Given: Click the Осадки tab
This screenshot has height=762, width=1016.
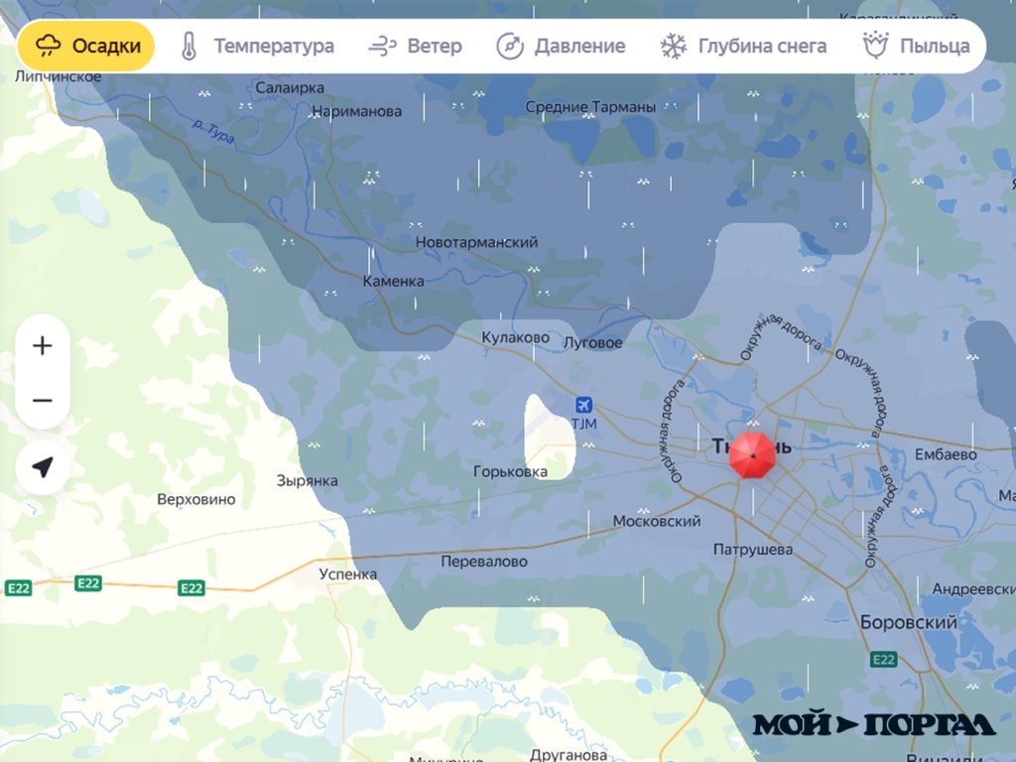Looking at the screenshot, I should (x=86, y=46).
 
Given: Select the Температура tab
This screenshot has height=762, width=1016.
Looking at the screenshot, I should (x=257, y=46).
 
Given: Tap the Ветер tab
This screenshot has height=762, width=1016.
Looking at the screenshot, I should (x=415, y=46).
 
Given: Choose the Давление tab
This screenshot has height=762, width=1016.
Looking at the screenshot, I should (x=561, y=46).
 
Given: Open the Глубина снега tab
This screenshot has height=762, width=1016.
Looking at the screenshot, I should (x=744, y=46).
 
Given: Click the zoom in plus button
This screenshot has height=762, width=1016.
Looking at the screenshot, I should (x=43, y=346).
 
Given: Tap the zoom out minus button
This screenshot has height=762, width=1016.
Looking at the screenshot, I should (x=43, y=401).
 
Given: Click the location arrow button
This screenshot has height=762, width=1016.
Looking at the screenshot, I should (x=43, y=467).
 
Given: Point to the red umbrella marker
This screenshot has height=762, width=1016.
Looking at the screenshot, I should (x=752, y=455).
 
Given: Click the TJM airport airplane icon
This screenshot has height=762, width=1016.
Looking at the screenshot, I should (x=584, y=405).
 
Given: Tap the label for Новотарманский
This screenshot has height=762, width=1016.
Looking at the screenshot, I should (x=476, y=242).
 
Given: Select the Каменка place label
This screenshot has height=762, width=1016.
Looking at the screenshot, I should (x=393, y=281).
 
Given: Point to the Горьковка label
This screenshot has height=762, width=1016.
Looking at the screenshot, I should (x=510, y=471).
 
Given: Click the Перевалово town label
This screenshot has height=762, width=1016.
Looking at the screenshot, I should (x=484, y=562).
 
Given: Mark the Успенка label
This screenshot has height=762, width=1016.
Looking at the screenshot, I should (x=348, y=573).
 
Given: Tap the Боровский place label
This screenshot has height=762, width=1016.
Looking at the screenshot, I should (x=909, y=623).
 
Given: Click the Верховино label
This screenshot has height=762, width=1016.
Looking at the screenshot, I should (x=196, y=499).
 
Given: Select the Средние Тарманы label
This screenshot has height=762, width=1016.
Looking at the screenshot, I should (x=590, y=107).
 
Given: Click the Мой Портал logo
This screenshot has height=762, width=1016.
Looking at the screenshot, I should (x=873, y=724).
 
